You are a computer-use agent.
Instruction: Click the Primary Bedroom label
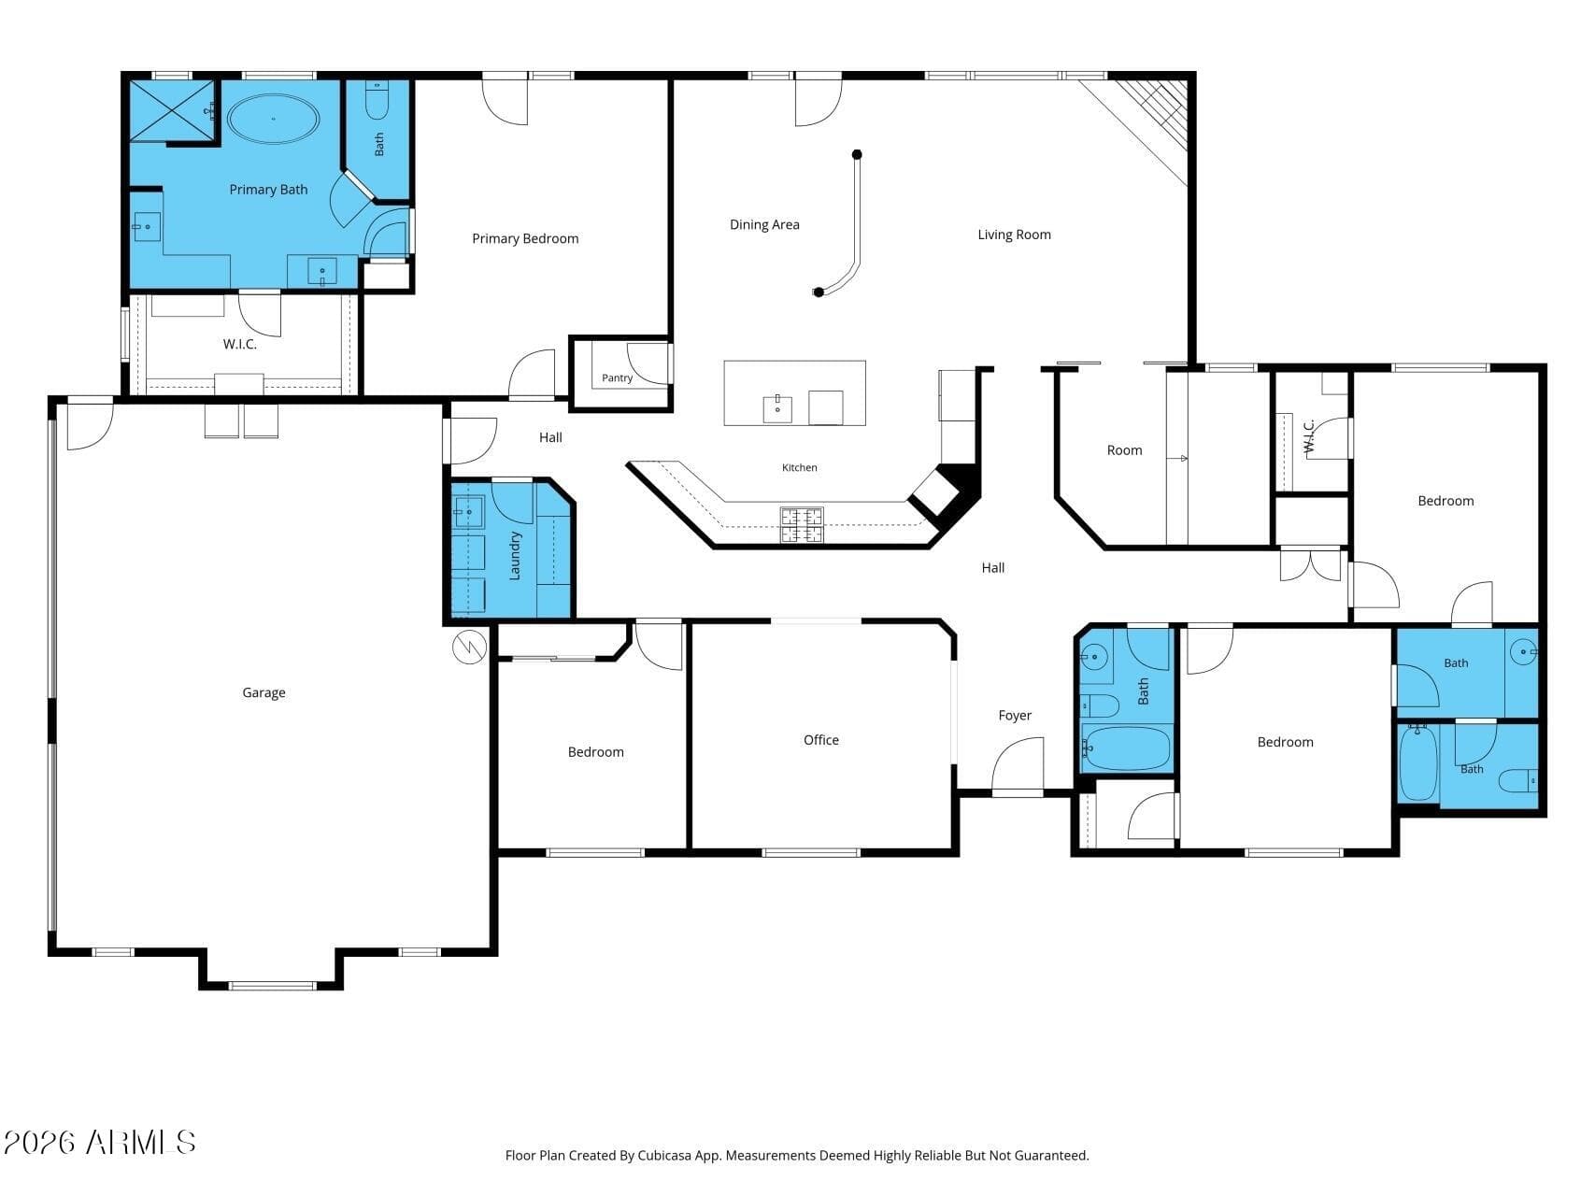tap(525, 238)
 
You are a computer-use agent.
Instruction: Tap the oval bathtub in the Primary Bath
tap(274, 120)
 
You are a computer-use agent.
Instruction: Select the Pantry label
tap(617, 378)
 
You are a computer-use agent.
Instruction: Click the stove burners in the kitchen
tap(802, 525)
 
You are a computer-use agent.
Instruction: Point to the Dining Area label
tap(764, 224)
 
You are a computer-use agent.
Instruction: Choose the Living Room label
tap(1014, 235)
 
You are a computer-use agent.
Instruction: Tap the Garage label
tap(263, 692)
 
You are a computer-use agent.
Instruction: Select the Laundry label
tap(514, 556)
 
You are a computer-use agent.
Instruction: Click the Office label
tap(821, 740)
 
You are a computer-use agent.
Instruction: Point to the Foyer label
tap(1015, 716)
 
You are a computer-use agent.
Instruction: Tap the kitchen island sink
tap(777, 409)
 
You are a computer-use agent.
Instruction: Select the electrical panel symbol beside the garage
tap(470, 647)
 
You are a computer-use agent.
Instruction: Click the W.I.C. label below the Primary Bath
tap(239, 344)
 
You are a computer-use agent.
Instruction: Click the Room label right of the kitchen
tap(1124, 450)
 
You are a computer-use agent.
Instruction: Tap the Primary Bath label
tap(268, 190)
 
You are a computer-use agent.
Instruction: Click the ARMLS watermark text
tap(100, 1142)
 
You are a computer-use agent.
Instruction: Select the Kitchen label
tap(799, 467)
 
